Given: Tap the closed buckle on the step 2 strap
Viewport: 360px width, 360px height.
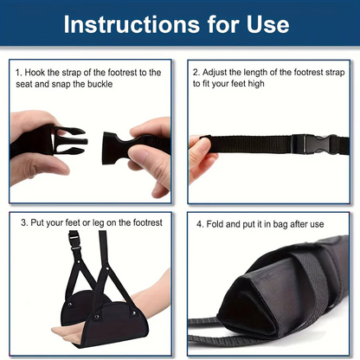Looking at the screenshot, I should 308,143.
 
